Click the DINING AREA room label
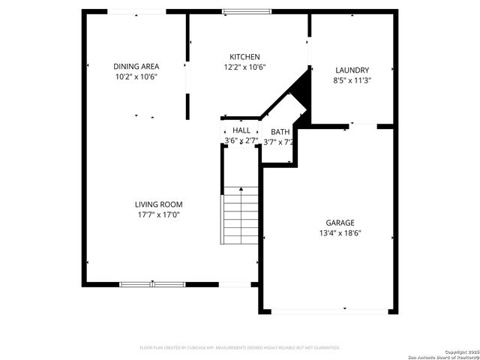pyautogui.click(x=136, y=66)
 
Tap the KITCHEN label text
pyautogui.click(x=244, y=57)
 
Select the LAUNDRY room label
pyautogui.click(x=352, y=70)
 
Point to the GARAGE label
pyautogui.click(x=340, y=222)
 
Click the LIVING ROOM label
pyautogui.click(x=158, y=204)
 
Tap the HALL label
pyautogui.click(x=241, y=130)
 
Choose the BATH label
pyautogui.click(x=280, y=132)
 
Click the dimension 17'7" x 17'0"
pyautogui.click(x=158, y=214)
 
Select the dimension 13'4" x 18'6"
pyautogui.click(x=340, y=232)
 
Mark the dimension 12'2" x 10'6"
pyautogui.click(x=244, y=67)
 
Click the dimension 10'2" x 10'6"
pyautogui.click(x=136, y=76)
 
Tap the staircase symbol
pyautogui.click(x=239, y=217)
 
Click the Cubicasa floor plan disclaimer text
pyautogui.click(x=240, y=348)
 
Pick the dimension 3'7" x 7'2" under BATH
pyautogui.click(x=278, y=142)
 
